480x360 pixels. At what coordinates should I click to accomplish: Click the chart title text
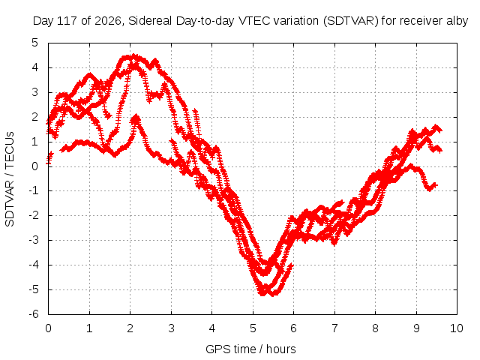click(250, 21)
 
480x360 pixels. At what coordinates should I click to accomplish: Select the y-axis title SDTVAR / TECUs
click(10, 179)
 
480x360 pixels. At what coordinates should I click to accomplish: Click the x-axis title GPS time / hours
click(250, 349)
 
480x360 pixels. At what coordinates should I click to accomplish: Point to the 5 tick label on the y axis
click(35, 43)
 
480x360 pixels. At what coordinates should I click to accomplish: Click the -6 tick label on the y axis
click(34, 314)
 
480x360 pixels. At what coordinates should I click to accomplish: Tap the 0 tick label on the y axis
click(35, 166)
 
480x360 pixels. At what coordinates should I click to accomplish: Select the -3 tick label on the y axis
click(34, 240)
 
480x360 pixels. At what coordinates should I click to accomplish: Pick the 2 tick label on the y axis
click(35, 117)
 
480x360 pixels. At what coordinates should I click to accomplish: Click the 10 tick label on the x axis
click(457, 328)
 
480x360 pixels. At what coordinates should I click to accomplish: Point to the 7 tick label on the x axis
click(334, 328)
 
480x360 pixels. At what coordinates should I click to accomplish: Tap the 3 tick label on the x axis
click(171, 328)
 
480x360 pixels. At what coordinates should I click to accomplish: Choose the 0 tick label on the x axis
click(48, 328)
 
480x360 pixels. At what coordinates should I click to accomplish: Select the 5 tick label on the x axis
click(253, 328)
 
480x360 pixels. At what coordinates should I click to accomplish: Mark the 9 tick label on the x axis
click(416, 328)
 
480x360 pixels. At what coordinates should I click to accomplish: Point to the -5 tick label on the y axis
click(34, 289)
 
